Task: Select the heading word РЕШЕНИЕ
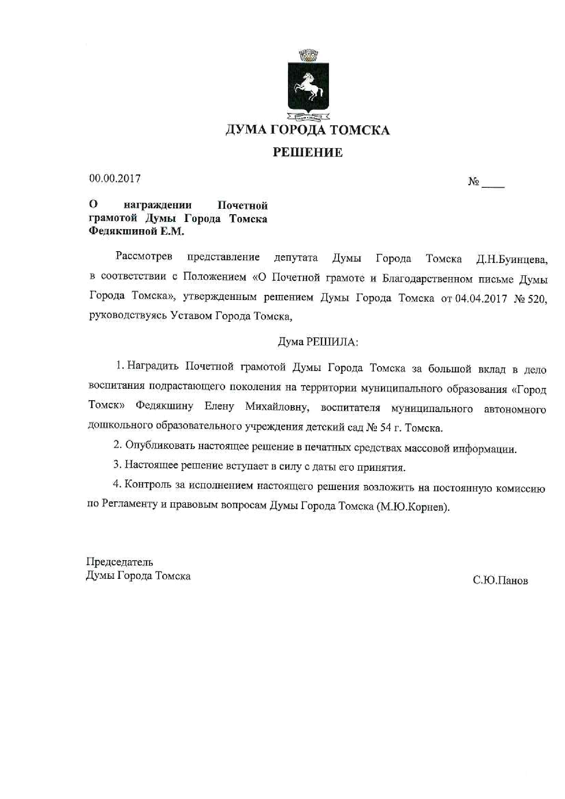pyautogui.click(x=308, y=152)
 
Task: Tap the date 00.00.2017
pyautogui.click(x=115, y=179)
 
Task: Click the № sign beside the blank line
pyautogui.click(x=473, y=182)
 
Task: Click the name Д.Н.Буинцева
pyautogui.click(x=512, y=260)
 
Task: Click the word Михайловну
pyautogui.click(x=277, y=407)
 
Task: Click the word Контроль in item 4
pyautogui.click(x=148, y=486)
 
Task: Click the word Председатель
pyautogui.click(x=120, y=562)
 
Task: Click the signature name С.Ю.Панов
pyautogui.click(x=500, y=581)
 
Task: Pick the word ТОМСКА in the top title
pyautogui.click(x=360, y=130)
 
